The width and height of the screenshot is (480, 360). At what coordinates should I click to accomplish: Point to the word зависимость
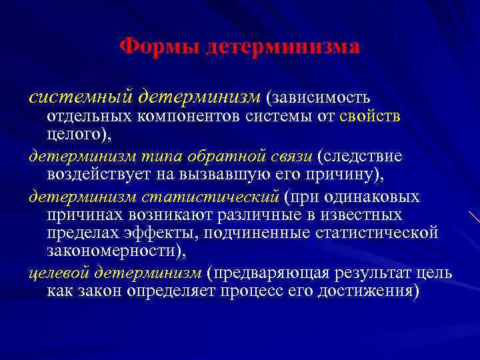pos(318,98)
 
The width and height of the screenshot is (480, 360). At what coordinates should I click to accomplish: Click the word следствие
pos(369,157)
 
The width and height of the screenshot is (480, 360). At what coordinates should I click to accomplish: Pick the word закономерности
pos(114,251)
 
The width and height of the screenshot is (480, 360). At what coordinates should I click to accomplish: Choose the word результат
pos(386,273)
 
